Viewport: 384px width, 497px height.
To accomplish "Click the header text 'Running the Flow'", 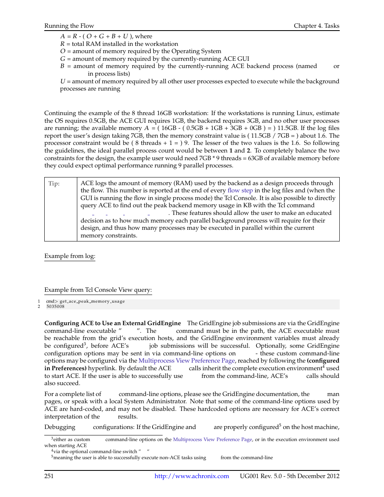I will (69, 26).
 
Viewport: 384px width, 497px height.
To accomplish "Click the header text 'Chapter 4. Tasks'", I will (316, 26).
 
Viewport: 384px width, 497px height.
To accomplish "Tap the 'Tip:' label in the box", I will (54, 184).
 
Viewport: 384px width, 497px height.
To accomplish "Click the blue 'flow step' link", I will (240, 190).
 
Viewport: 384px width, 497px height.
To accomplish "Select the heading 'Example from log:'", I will (70, 256).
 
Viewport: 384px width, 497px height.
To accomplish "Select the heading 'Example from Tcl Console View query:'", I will (98, 290).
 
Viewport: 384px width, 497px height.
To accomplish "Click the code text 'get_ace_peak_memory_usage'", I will (92, 301).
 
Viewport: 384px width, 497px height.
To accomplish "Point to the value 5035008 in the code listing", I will (55, 307).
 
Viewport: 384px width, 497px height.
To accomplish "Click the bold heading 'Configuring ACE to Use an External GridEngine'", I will (112, 323).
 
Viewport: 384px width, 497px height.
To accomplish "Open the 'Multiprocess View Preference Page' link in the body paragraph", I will (186, 361).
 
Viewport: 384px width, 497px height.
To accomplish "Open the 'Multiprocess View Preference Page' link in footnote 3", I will (213, 439).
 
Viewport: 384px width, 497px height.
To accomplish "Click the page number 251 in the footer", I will (49, 476).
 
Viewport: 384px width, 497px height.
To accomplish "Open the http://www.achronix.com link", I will (192, 476).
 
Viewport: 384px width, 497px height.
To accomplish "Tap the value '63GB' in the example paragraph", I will (256, 158).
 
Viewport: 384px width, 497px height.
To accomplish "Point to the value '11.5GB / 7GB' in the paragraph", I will (269, 136).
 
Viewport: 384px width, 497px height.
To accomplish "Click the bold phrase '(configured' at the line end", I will (323, 361).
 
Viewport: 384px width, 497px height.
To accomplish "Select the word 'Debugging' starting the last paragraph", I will (60, 427).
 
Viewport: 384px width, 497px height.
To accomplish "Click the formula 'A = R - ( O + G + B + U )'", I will (94, 36).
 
